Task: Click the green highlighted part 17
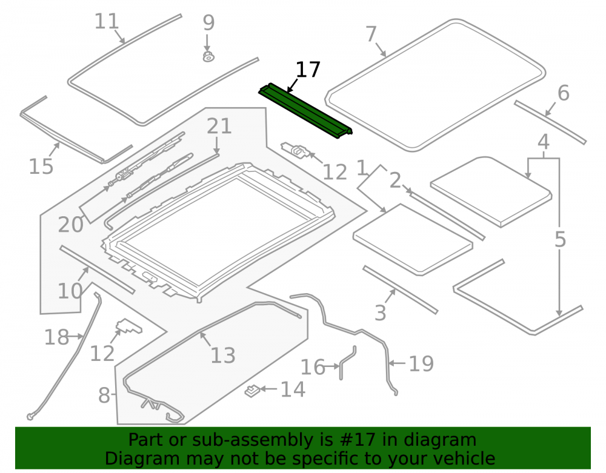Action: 305,110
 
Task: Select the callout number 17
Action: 308,70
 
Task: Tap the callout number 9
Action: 208,23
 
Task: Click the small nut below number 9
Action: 208,57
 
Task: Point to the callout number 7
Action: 371,34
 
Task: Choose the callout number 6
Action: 564,93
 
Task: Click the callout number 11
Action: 107,21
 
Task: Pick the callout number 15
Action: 41,167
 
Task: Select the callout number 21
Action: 219,126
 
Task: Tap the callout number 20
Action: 71,225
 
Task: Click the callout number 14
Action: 293,389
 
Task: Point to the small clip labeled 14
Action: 252,391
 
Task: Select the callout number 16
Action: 313,367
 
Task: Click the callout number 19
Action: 421,364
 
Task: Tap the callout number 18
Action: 57,337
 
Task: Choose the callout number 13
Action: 223,356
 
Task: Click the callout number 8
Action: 104,395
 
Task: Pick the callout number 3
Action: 381,313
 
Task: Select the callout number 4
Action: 544,142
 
